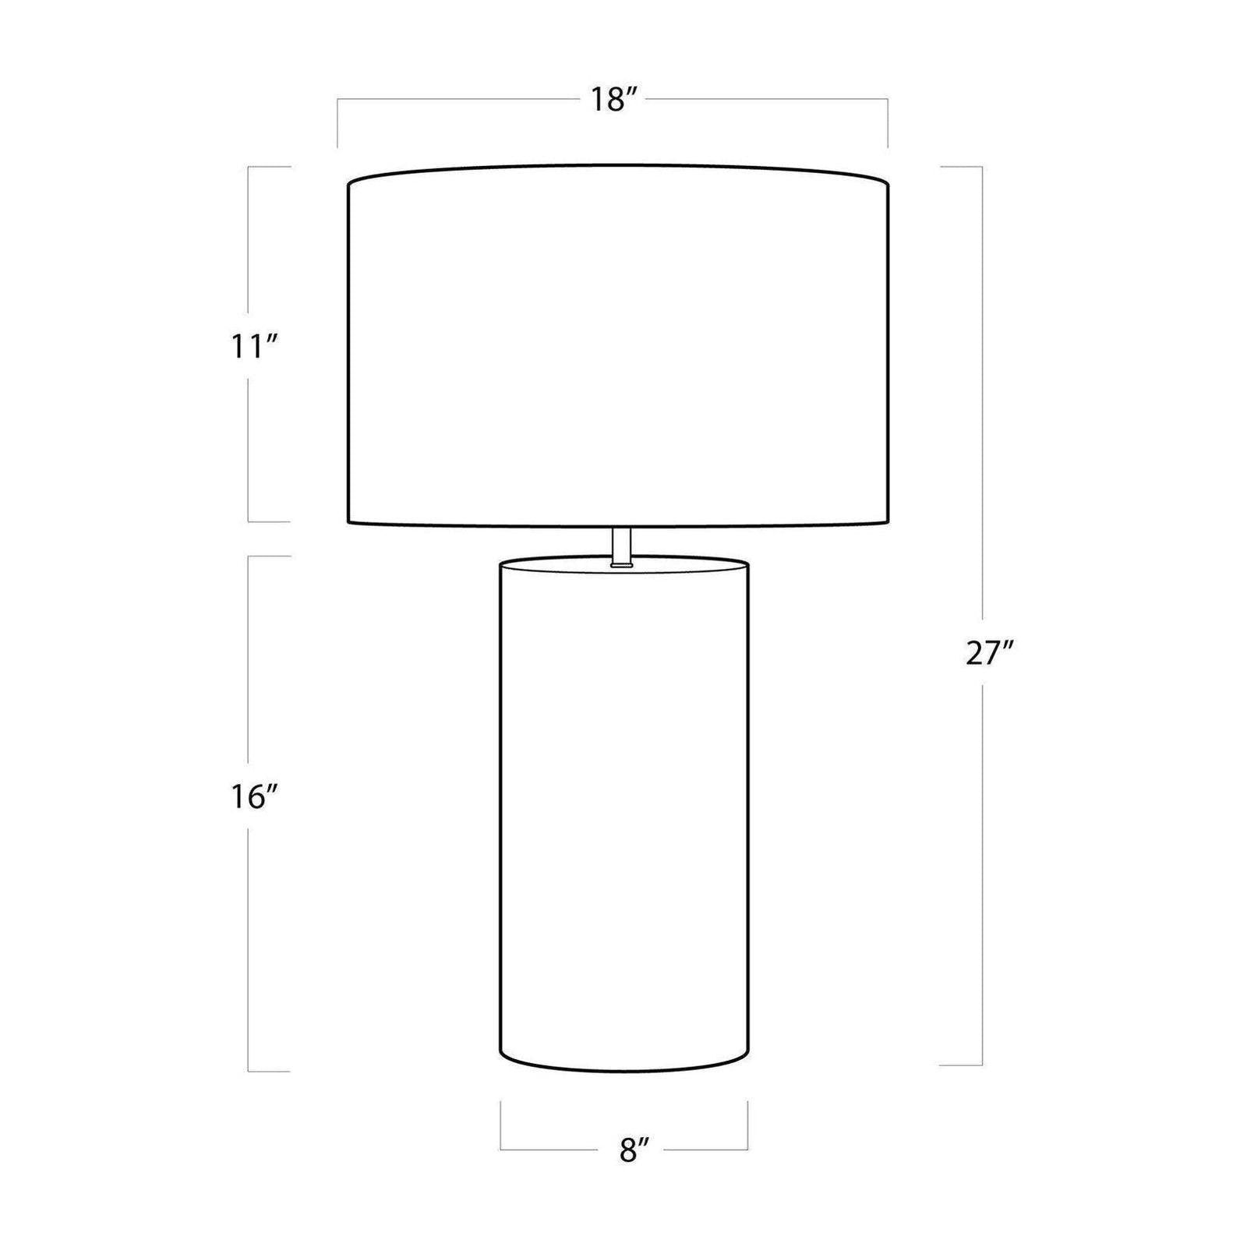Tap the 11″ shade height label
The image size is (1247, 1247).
(x=254, y=346)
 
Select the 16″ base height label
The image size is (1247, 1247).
(x=254, y=797)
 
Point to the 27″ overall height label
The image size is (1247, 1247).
(x=987, y=653)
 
